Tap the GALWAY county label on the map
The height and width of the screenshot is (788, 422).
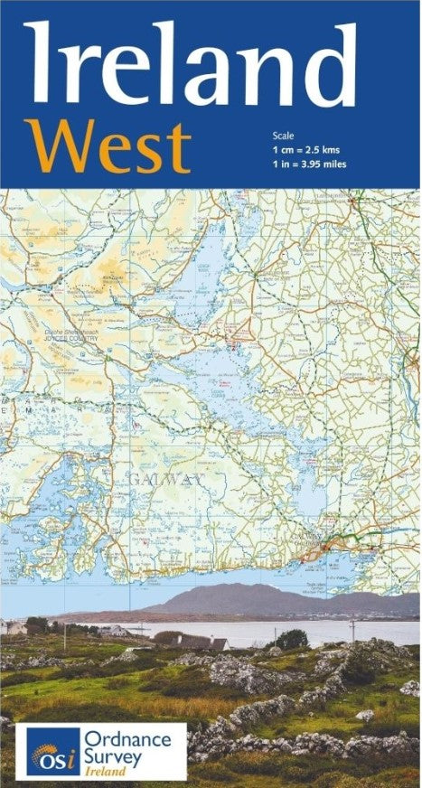coord(165,478)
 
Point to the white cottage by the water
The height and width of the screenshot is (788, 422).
coord(193,642)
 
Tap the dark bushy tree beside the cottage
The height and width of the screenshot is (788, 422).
coord(291,640)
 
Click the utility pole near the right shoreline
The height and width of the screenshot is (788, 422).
coord(352,630)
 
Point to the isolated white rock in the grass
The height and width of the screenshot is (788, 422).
coord(365,715)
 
